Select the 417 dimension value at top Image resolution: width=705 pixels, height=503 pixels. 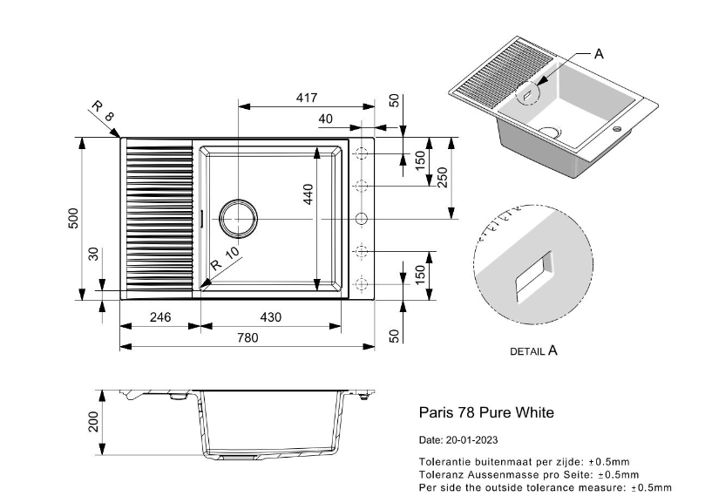[x=306, y=99]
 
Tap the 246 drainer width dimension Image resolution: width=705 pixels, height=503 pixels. [x=159, y=317]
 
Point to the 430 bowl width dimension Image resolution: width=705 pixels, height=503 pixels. [x=271, y=317]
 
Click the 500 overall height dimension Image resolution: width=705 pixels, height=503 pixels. [x=75, y=218]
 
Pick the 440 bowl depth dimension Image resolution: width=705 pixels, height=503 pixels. [x=308, y=194]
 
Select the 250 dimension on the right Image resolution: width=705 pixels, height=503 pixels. [x=443, y=177]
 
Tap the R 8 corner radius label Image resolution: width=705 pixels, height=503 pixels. [x=102, y=113]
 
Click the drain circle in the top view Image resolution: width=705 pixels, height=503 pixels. [x=238, y=217]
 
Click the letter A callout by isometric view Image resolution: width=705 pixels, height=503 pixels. [x=598, y=54]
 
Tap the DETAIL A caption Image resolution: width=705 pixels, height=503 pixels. [x=532, y=351]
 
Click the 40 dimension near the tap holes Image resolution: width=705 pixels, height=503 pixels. [x=326, y=119]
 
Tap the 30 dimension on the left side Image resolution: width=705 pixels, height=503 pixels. [x=94, y=255]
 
